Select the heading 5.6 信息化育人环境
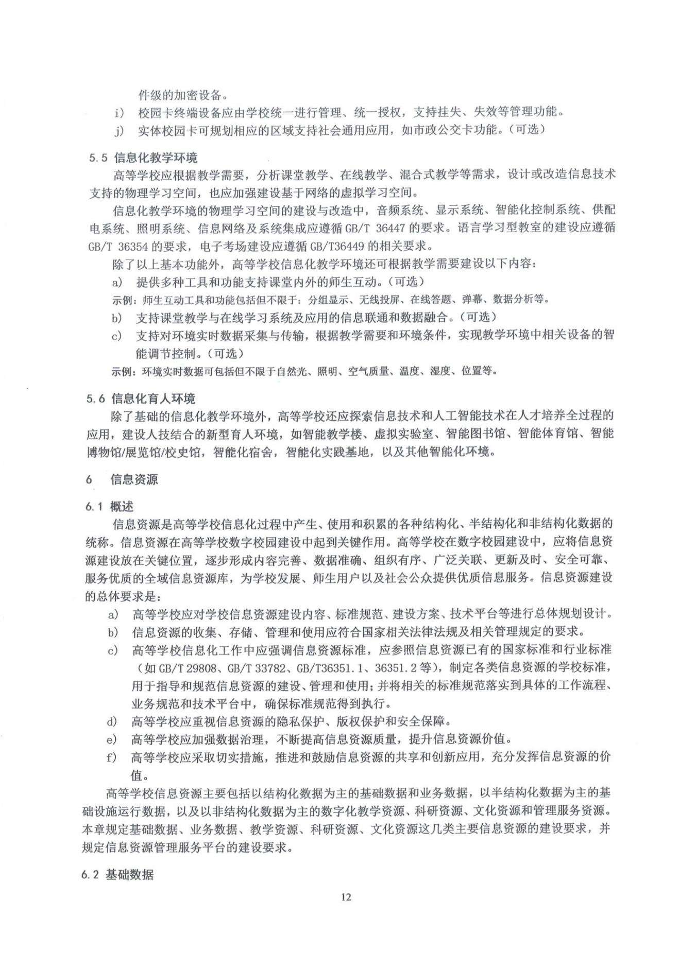pyautogui.click(x=141, y=399)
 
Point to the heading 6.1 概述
pyautogui.click(x=110, y=507)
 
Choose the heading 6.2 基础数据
pyautogui.click(x=117, y=874)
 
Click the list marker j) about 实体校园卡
pyautogui.click(x=120, y=130)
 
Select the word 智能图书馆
pyautogui.click(x=471, y=434)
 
